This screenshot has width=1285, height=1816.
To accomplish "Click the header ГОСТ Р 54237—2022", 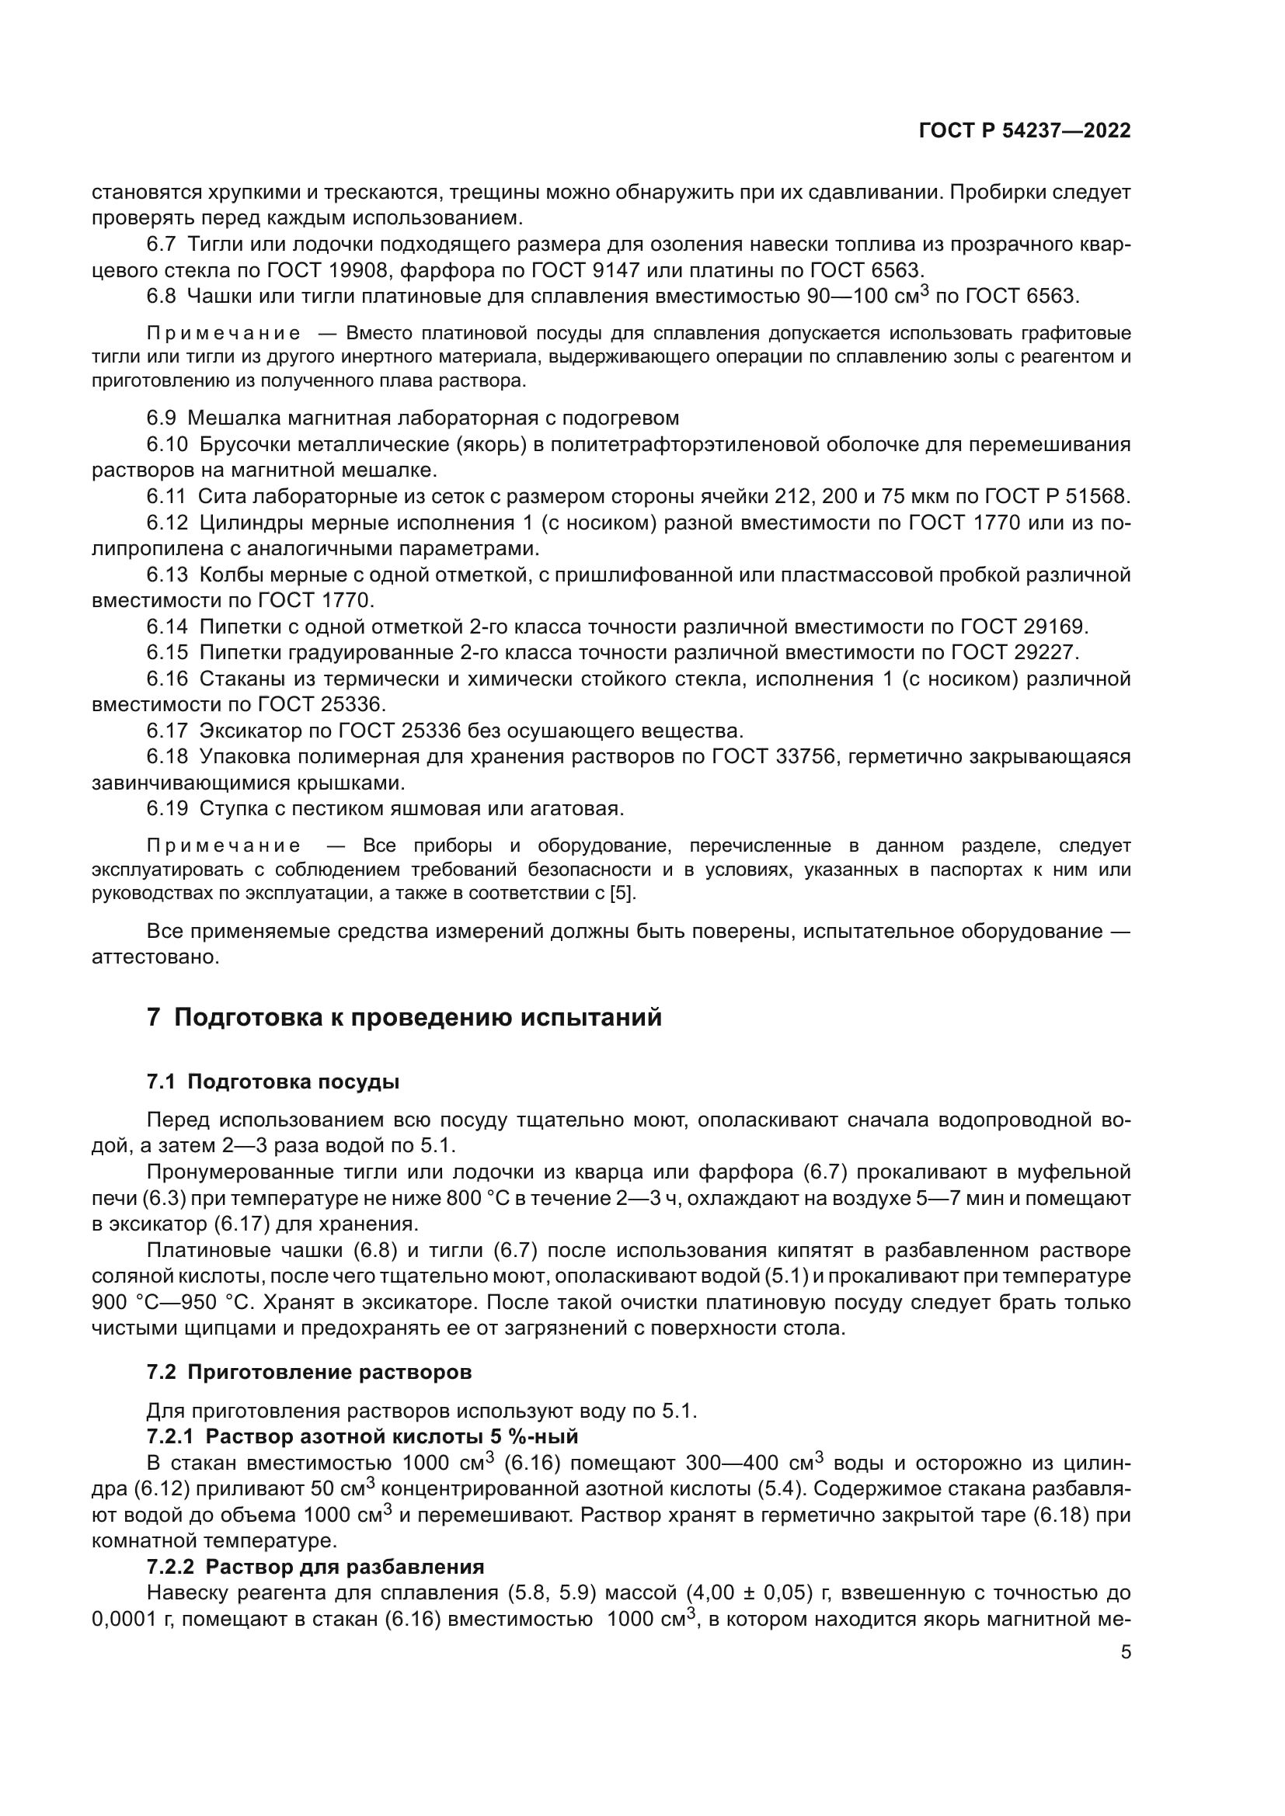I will click(1024, 130).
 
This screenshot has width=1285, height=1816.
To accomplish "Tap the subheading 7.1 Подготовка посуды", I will click(272, 1082).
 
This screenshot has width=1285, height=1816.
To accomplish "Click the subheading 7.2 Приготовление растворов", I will click(308, 1372).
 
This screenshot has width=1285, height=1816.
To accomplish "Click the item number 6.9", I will click(162, 418).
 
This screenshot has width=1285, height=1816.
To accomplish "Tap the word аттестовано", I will click(155, 957).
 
